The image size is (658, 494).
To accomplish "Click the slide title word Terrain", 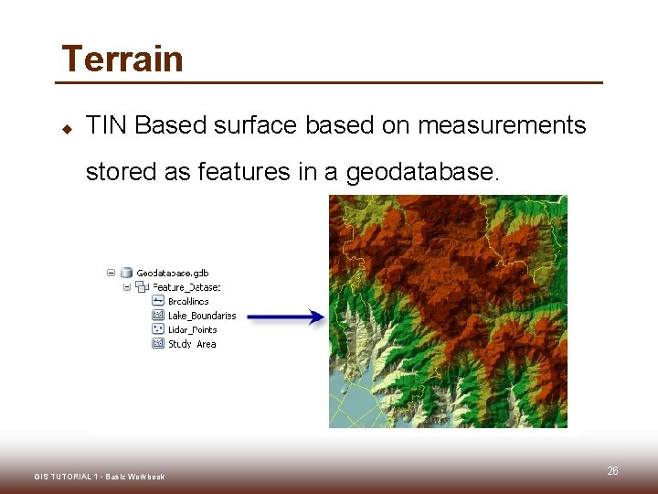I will click(122, 59).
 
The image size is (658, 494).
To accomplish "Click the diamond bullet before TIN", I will click(66, 127).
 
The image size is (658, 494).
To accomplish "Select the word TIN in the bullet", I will click(106, 125).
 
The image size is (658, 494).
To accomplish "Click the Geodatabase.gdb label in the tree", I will click(172, 273).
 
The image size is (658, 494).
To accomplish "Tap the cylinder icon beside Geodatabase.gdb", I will click(127, 273).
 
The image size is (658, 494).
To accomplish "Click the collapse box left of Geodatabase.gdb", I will click(111, 273).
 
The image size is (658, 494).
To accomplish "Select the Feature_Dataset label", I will click(180, 286).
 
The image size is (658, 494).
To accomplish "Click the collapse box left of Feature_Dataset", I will click(127, 286).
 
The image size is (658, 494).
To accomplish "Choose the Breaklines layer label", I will click(188, 301).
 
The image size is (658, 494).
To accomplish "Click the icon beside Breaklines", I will click(157, 301).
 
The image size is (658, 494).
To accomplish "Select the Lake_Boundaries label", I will click(201, 316).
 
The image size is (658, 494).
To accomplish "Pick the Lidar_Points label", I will click(192, 329).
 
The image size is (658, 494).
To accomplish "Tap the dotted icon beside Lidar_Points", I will click(157, 329).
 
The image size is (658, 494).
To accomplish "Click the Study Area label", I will click(192, 344).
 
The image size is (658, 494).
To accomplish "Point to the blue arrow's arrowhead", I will click(317, 317).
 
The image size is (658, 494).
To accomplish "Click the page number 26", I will click(612, 470).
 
